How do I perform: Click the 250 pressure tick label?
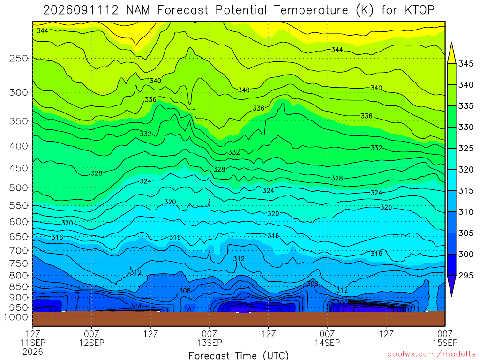click(19, 58)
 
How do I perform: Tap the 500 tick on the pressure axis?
click(19, 187)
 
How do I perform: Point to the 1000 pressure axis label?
click(16, 317)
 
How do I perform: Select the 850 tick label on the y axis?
click(19, 287)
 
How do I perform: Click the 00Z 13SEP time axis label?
click(210, 338)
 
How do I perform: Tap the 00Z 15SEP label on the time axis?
click(445, 338)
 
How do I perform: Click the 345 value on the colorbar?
click(466, 64)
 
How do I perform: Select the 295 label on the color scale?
click(466, 276)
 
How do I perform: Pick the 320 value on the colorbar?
click(466, 170)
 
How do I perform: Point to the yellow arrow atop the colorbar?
click(451, 53)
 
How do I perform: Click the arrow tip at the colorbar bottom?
click(451, 296)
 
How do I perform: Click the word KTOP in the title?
click(420, 10)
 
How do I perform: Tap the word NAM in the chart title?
click(138, 10)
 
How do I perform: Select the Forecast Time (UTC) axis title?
click(239, 355)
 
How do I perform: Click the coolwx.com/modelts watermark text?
click(431, 354)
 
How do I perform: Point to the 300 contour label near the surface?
click(342, 303)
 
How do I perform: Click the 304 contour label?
click(136, 306)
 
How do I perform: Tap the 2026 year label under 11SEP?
click(33, 352)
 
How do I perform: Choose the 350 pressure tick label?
click(19, 121)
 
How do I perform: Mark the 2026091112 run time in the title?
click(81, 10)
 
